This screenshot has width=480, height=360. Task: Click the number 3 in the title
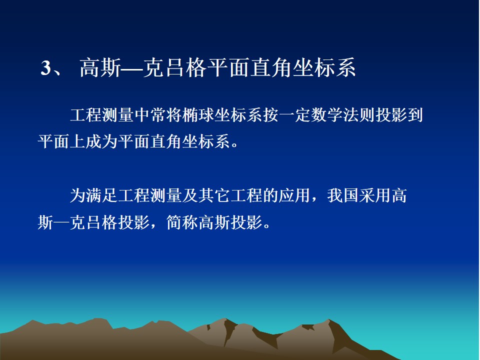click(x=45, y=68)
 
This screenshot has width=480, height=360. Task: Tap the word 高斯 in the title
click(x=100, y=67)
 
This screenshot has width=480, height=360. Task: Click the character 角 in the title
click(x=281, y=67)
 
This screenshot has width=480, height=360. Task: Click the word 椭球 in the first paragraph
click(x=198, y=115)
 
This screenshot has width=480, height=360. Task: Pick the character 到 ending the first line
click(x=415, y=115)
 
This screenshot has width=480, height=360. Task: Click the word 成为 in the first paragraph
click(x=101, y=141)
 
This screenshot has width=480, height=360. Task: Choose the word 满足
click(x=101, y=195)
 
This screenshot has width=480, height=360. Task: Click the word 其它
click(x=214, y=195)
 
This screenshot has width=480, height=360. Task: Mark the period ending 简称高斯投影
click(x=267, y=225)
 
